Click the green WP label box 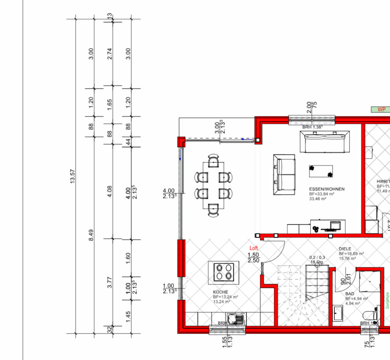point(381,109)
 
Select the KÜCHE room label point(221,292)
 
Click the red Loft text point(254,248)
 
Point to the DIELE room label point(345,249)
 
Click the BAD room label point(350,294)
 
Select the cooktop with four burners point(224,272)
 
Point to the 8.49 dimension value point(91,234)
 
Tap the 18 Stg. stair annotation point(317,262)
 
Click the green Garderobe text point(387,300)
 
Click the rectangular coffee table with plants point(321,171)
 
